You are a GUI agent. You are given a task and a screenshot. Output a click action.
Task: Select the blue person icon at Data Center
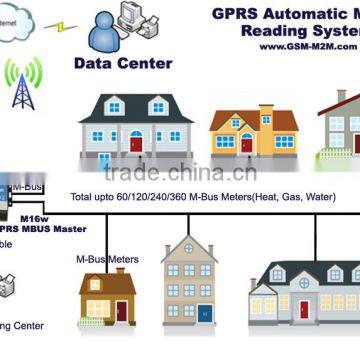[x=106, y=33]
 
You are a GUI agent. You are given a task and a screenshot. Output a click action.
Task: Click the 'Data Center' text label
[x=123, y=63]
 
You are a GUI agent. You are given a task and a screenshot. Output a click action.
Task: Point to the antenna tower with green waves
[x=20, y=87]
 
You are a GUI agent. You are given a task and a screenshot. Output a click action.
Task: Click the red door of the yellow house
[x=248, y=146]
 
